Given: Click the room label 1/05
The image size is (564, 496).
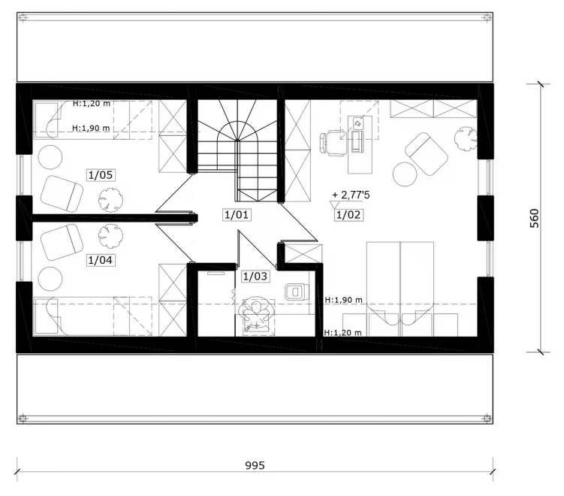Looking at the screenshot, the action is click(101, 175).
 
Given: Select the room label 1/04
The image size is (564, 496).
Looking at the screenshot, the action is click(101, 260).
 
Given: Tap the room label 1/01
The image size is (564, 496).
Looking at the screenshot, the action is click(237, 215).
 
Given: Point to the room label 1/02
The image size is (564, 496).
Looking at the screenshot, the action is click(348, 215).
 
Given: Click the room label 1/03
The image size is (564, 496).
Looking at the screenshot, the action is click(255, 277).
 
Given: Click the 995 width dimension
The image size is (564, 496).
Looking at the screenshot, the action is click(255, 465).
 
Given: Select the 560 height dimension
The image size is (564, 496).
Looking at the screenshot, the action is click(535, 218).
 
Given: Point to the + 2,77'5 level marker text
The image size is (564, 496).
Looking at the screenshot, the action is click(351, 195).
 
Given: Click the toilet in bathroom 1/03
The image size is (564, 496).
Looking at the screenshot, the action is click(297, 292).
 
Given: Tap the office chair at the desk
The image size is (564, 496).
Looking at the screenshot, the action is click(331, 143).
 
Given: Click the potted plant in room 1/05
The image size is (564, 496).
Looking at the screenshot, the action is click(111, 200).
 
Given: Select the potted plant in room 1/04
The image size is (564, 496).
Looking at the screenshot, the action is click(110, 236).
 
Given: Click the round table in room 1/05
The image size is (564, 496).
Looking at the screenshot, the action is click(50, 157).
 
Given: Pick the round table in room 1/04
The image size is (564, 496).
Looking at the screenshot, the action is click(50, 279).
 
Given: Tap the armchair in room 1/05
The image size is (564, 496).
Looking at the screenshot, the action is click(62, 193).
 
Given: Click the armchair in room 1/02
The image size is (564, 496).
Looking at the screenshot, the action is click(427, 154).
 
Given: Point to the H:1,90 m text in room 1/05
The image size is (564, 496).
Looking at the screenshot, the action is click(91, 128).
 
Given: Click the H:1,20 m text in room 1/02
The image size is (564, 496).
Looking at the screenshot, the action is click(342, 333).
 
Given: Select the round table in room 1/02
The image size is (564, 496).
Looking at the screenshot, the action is click(405, 174).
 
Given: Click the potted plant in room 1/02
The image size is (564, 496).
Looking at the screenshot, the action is click(466, 139).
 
